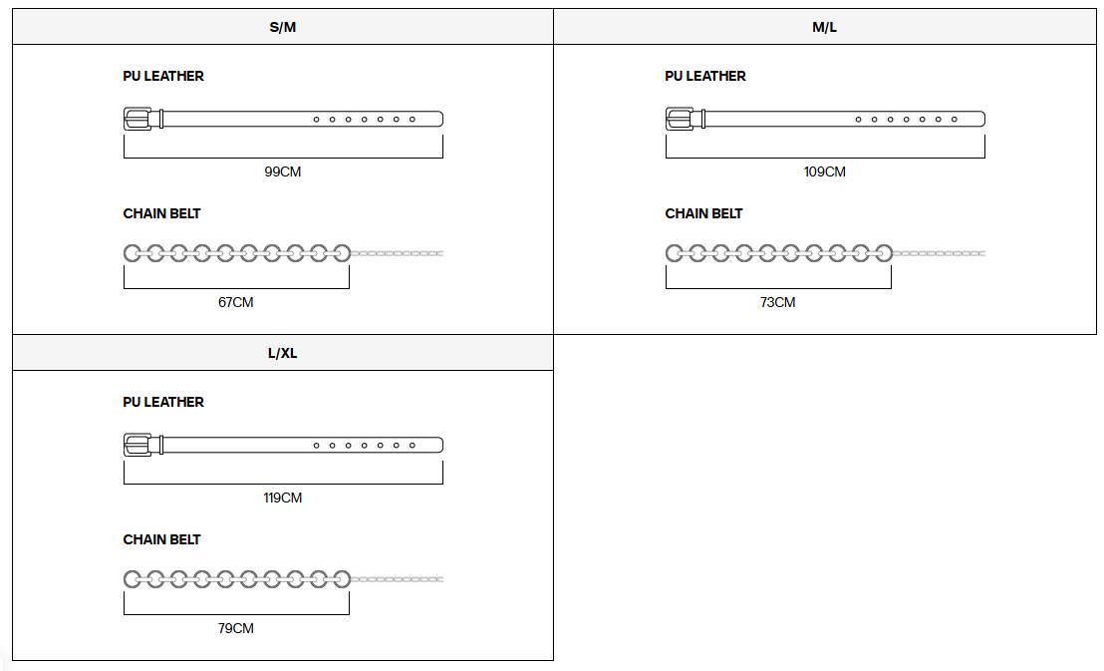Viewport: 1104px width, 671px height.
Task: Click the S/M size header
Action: (x=282, y=28)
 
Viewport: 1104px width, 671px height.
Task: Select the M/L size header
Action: (x=824, y=28)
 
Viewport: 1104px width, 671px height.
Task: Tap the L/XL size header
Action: (x=282, y=353)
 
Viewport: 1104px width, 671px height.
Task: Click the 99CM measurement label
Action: (x=282, y=171)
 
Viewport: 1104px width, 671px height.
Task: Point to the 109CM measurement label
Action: (x=824, y=171)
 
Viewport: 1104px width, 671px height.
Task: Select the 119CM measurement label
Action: (x=282, y=498)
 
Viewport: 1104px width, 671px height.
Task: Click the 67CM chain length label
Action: (x=236, y=302)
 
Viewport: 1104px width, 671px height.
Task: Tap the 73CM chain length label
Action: (x=778, y=302)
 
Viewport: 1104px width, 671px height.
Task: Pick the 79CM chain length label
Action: (x=236, y=628)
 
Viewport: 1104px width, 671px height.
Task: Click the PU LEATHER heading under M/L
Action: (x=705, y=76)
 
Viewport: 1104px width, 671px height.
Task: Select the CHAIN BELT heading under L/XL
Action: (x=162, y=540)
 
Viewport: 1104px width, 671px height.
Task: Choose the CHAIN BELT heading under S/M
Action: (x=162, y=213)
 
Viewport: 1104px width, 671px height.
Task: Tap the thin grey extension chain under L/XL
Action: (x=398, y=579)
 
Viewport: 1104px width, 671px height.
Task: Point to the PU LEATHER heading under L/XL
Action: (x=163, y=403)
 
